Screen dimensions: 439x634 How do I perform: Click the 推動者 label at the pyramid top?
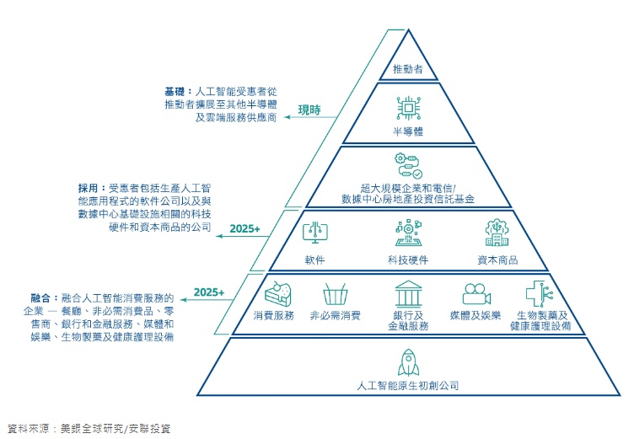click(x=408, y=67)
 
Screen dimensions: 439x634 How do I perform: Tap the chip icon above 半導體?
click(x=408, y=110)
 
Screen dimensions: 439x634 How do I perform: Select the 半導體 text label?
click(x=408, y=132)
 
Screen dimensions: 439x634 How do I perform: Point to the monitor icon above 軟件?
click(x=314, y=233)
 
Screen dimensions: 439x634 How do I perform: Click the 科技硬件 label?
click(x=408, y=260)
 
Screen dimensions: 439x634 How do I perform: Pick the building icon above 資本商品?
click(x=497, y=233)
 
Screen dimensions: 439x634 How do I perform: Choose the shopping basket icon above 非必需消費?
click(x=335, y=294)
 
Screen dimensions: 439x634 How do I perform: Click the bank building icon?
click(x=409, y=294)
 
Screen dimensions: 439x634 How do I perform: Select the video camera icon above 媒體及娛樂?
click(x=475, y=294)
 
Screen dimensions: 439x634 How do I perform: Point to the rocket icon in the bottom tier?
click(x=408, y=363)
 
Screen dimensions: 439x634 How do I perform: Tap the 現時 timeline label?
click(x=310, y=110)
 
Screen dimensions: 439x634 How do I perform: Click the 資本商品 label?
click(x=497, y=260)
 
